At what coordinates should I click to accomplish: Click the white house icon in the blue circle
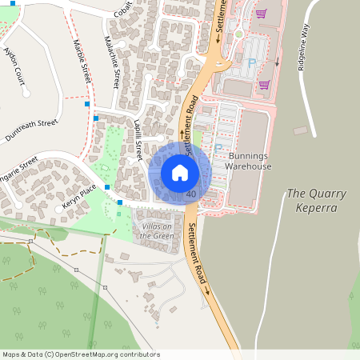tap(179, 173)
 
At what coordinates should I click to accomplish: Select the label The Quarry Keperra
tap(312, 200)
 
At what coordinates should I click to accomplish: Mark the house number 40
tap(190, 194)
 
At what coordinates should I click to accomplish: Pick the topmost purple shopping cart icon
tap(262, 14)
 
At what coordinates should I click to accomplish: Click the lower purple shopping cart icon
tap(264, 84)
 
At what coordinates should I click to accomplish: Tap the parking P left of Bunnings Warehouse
tap(218, 148)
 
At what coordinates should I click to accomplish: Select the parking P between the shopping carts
tap(251, 62)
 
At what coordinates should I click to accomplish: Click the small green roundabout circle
tap(238, 34)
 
